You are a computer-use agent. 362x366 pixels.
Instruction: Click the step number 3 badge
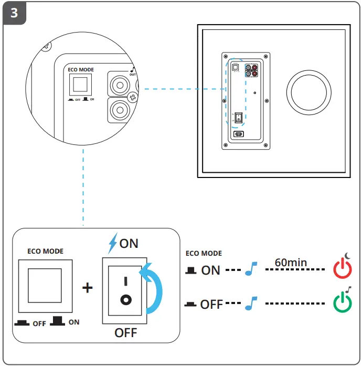(14, 13)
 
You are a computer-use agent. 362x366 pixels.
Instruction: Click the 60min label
(291, 262)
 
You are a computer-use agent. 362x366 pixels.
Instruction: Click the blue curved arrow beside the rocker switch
(154, 289)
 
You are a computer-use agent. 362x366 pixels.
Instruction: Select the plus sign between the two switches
(87, 289)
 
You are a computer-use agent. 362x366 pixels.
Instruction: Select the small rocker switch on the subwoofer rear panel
(239, 117)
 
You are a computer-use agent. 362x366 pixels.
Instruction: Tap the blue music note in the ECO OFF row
(252, 304)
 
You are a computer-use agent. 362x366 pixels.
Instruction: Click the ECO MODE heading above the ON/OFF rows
(204, 254)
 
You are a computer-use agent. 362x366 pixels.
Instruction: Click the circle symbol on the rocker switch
(125, 300)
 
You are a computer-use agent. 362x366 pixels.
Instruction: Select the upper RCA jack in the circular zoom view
(119, 83)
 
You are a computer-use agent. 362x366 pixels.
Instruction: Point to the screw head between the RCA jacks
(133, 97)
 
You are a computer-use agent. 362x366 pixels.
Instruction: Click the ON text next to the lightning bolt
(129, 243)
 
